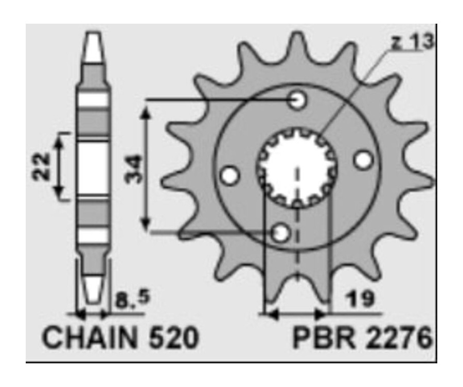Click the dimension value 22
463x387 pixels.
click(x=43, y=166)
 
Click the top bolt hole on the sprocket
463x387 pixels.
click(x=297, y=100)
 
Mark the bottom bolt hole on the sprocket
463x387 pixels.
click(x=281, y=234)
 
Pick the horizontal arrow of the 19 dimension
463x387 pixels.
click(x=296, y=313)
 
